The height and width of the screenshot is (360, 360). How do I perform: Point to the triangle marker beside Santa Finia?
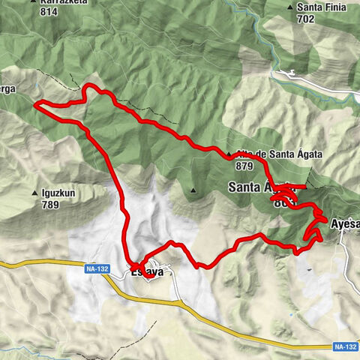pyautogui.click(x=291, y=7)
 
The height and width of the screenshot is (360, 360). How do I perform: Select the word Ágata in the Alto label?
pyautogui.click(x=307, y=154)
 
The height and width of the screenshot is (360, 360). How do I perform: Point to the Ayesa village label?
pyautogui.click(x=345, y=223)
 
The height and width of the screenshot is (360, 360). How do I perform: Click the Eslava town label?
pyautogui.click(x=147, y=272)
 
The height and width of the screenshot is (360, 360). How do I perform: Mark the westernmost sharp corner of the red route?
pyautogui.click(x=35, y=105)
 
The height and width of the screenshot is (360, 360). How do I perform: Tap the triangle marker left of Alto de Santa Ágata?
pyautogui.click(x=228, y=154)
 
